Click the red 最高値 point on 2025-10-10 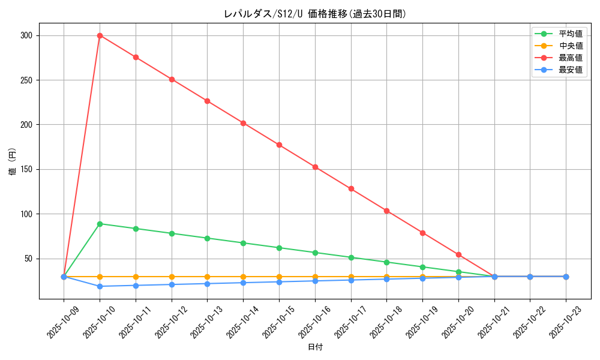coord(100,35)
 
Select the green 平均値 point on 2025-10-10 coord(100,224)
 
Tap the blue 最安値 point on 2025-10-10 coord(100,286)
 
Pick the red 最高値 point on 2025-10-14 coord(243,123)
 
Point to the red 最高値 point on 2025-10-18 coord(386,211)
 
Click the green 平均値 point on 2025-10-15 coord(279,248)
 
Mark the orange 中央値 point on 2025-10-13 coord(207,277)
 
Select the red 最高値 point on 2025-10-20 coord(458,254)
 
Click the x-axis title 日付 coord(315,347)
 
